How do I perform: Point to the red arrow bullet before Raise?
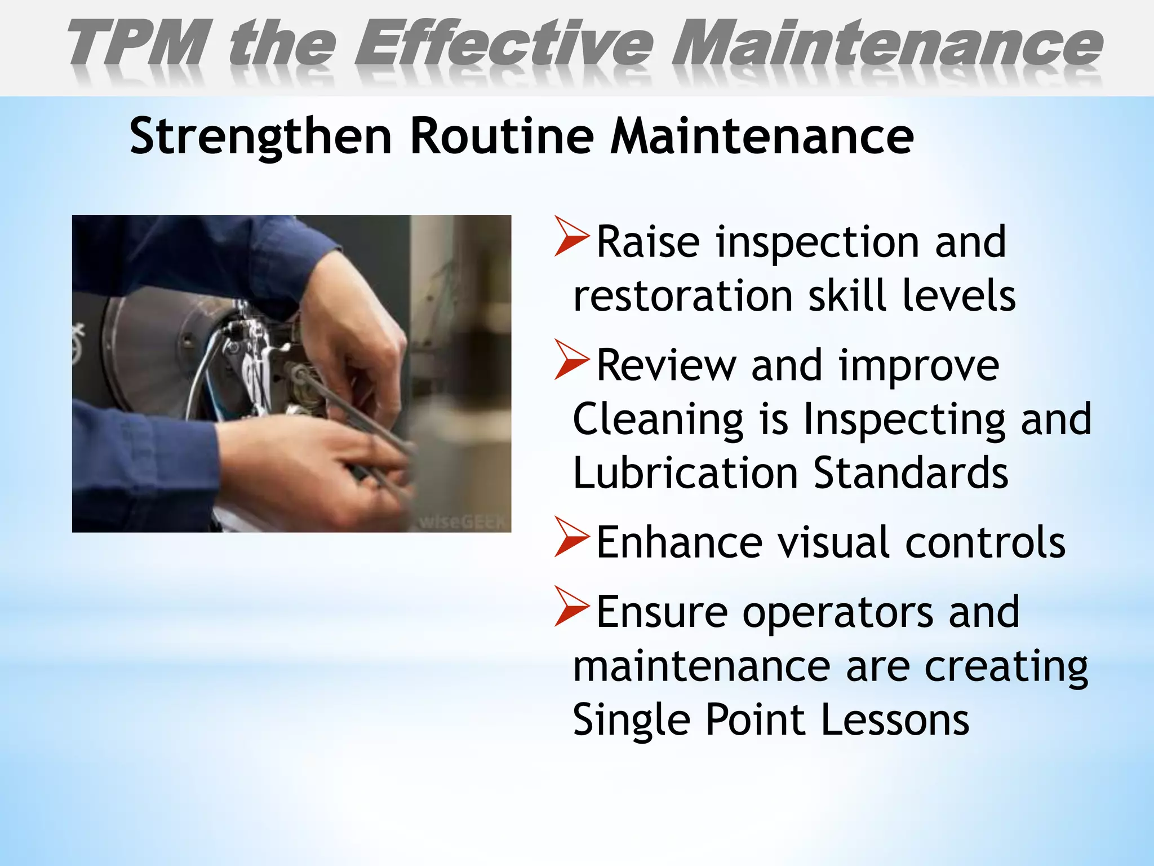(571, 236)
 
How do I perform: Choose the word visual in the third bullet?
(834, 542)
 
